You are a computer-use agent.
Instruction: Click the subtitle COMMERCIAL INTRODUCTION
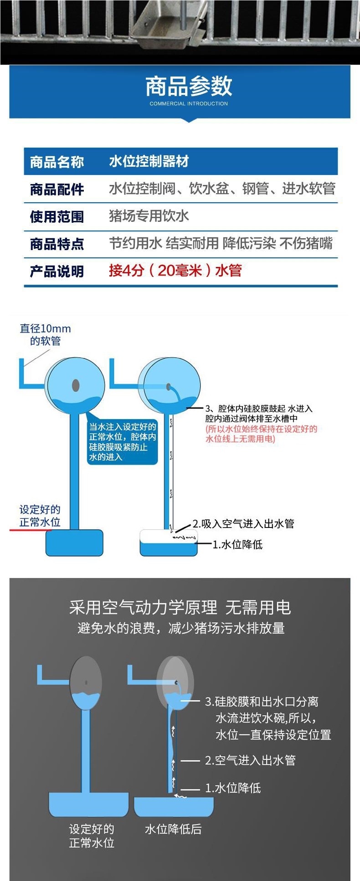189,104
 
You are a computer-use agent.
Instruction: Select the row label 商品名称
57,162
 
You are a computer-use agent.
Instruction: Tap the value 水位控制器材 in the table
149,161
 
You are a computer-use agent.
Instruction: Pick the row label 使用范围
57,216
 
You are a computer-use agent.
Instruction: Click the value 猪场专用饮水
149,215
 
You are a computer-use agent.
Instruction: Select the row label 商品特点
57,244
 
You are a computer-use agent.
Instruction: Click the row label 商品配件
57,189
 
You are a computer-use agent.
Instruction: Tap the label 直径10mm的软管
45,335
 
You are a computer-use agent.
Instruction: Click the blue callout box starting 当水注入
122,441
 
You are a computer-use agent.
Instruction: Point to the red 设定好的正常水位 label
40,516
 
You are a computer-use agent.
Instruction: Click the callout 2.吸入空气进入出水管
243,523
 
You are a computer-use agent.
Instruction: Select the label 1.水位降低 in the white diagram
237,544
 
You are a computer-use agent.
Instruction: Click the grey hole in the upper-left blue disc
76,386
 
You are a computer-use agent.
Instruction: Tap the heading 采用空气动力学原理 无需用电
180,607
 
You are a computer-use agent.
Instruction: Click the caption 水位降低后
173,829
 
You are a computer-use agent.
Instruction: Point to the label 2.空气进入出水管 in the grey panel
250,760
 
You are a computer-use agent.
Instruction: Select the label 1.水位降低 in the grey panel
233,788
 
